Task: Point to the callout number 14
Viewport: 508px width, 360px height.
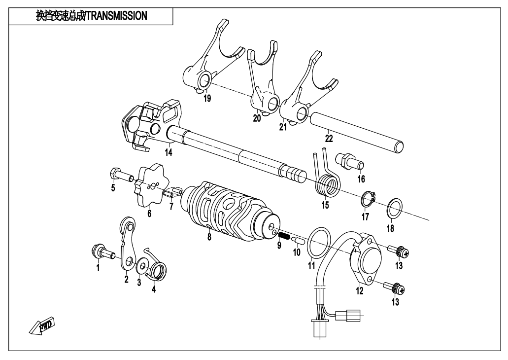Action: pos(169,153)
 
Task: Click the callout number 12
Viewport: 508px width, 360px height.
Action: pos(360,291)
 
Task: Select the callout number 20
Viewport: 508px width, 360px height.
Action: pos(256,118)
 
